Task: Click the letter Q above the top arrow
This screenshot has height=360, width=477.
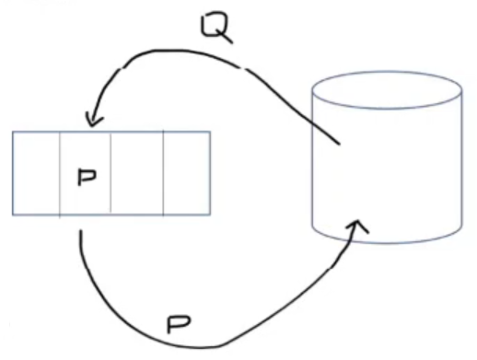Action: [215, 29]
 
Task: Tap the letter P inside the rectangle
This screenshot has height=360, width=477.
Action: [87, 177]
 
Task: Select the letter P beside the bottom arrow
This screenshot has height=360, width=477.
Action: [179, 324]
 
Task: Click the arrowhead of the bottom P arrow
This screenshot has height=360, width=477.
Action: [357, 226]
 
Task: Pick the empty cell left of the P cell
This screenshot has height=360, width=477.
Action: [36, 173]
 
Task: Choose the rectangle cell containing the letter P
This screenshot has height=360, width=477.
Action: [85, 173]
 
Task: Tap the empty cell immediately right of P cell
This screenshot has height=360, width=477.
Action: [137, 173]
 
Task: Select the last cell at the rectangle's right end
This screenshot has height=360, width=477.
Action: [187, 173]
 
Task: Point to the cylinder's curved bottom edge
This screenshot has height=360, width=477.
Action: [387, 243]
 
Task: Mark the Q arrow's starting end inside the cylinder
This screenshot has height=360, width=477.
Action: [340, 144]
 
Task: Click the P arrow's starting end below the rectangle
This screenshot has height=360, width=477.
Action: [81, 231]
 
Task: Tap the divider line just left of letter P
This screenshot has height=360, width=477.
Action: [60, 173]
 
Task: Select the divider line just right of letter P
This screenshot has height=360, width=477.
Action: [111, 173]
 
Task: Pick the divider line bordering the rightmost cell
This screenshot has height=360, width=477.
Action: [163, 173]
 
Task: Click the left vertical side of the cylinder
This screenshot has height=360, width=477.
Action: [312, 159]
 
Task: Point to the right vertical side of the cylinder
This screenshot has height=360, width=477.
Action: [461, 159]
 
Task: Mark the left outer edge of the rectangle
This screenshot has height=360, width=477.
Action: [13, 173]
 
